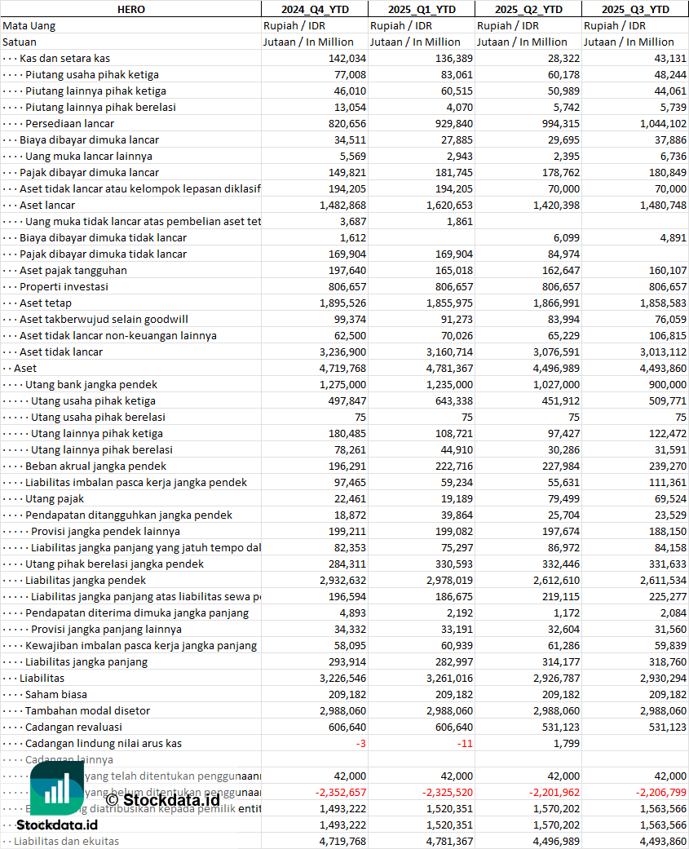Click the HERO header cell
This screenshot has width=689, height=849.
point(130,9)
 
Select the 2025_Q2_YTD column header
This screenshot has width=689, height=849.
point(528,9)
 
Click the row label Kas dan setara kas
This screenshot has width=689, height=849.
point(65,58)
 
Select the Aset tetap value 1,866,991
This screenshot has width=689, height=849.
point(554,303)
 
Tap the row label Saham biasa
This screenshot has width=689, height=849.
point(56,694)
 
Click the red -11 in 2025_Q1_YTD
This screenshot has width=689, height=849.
point(464,743)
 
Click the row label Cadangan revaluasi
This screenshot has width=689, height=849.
point(73,727)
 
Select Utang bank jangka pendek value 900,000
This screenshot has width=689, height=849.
point(664,384)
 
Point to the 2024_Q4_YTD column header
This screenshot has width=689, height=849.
point(314,9)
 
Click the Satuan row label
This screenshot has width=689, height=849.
point(20,42)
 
